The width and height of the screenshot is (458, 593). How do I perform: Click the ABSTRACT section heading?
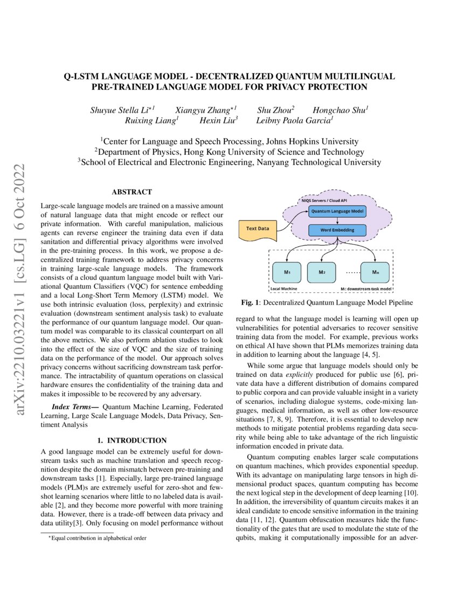(x=131, y=192)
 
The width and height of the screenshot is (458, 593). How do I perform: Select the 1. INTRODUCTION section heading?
(x=131, y=440)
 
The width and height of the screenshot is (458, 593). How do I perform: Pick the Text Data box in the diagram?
(x=258, y=229)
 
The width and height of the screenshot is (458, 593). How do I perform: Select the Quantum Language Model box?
(x=337, y=211)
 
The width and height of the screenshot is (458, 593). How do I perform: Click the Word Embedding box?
(x=337, y=231)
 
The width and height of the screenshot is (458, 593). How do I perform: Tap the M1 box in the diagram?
(x=287, y=272)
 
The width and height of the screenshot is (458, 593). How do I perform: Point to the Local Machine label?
(x=283, y=289)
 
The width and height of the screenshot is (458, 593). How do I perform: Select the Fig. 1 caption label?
(x=251, y=303)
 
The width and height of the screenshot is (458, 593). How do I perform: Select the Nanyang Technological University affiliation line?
(x=229, y=162)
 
